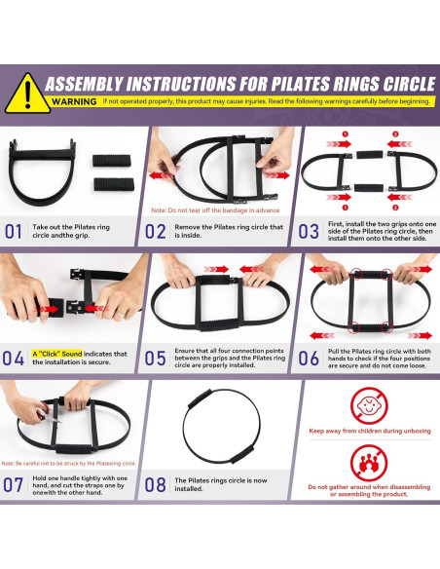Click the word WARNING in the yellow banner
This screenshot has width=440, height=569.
point(74,101)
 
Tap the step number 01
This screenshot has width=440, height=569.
point(16,232)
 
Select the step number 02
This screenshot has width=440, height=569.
point(157,232)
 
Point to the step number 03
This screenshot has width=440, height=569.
point(309,232)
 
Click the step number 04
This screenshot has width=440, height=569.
point(16,357)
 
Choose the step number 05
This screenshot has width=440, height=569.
point(157,357)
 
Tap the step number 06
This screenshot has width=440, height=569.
point(309,357)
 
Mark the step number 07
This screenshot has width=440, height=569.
point(16,484)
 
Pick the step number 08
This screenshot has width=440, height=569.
point(157,484)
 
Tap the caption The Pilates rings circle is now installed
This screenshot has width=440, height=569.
point(222,484)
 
